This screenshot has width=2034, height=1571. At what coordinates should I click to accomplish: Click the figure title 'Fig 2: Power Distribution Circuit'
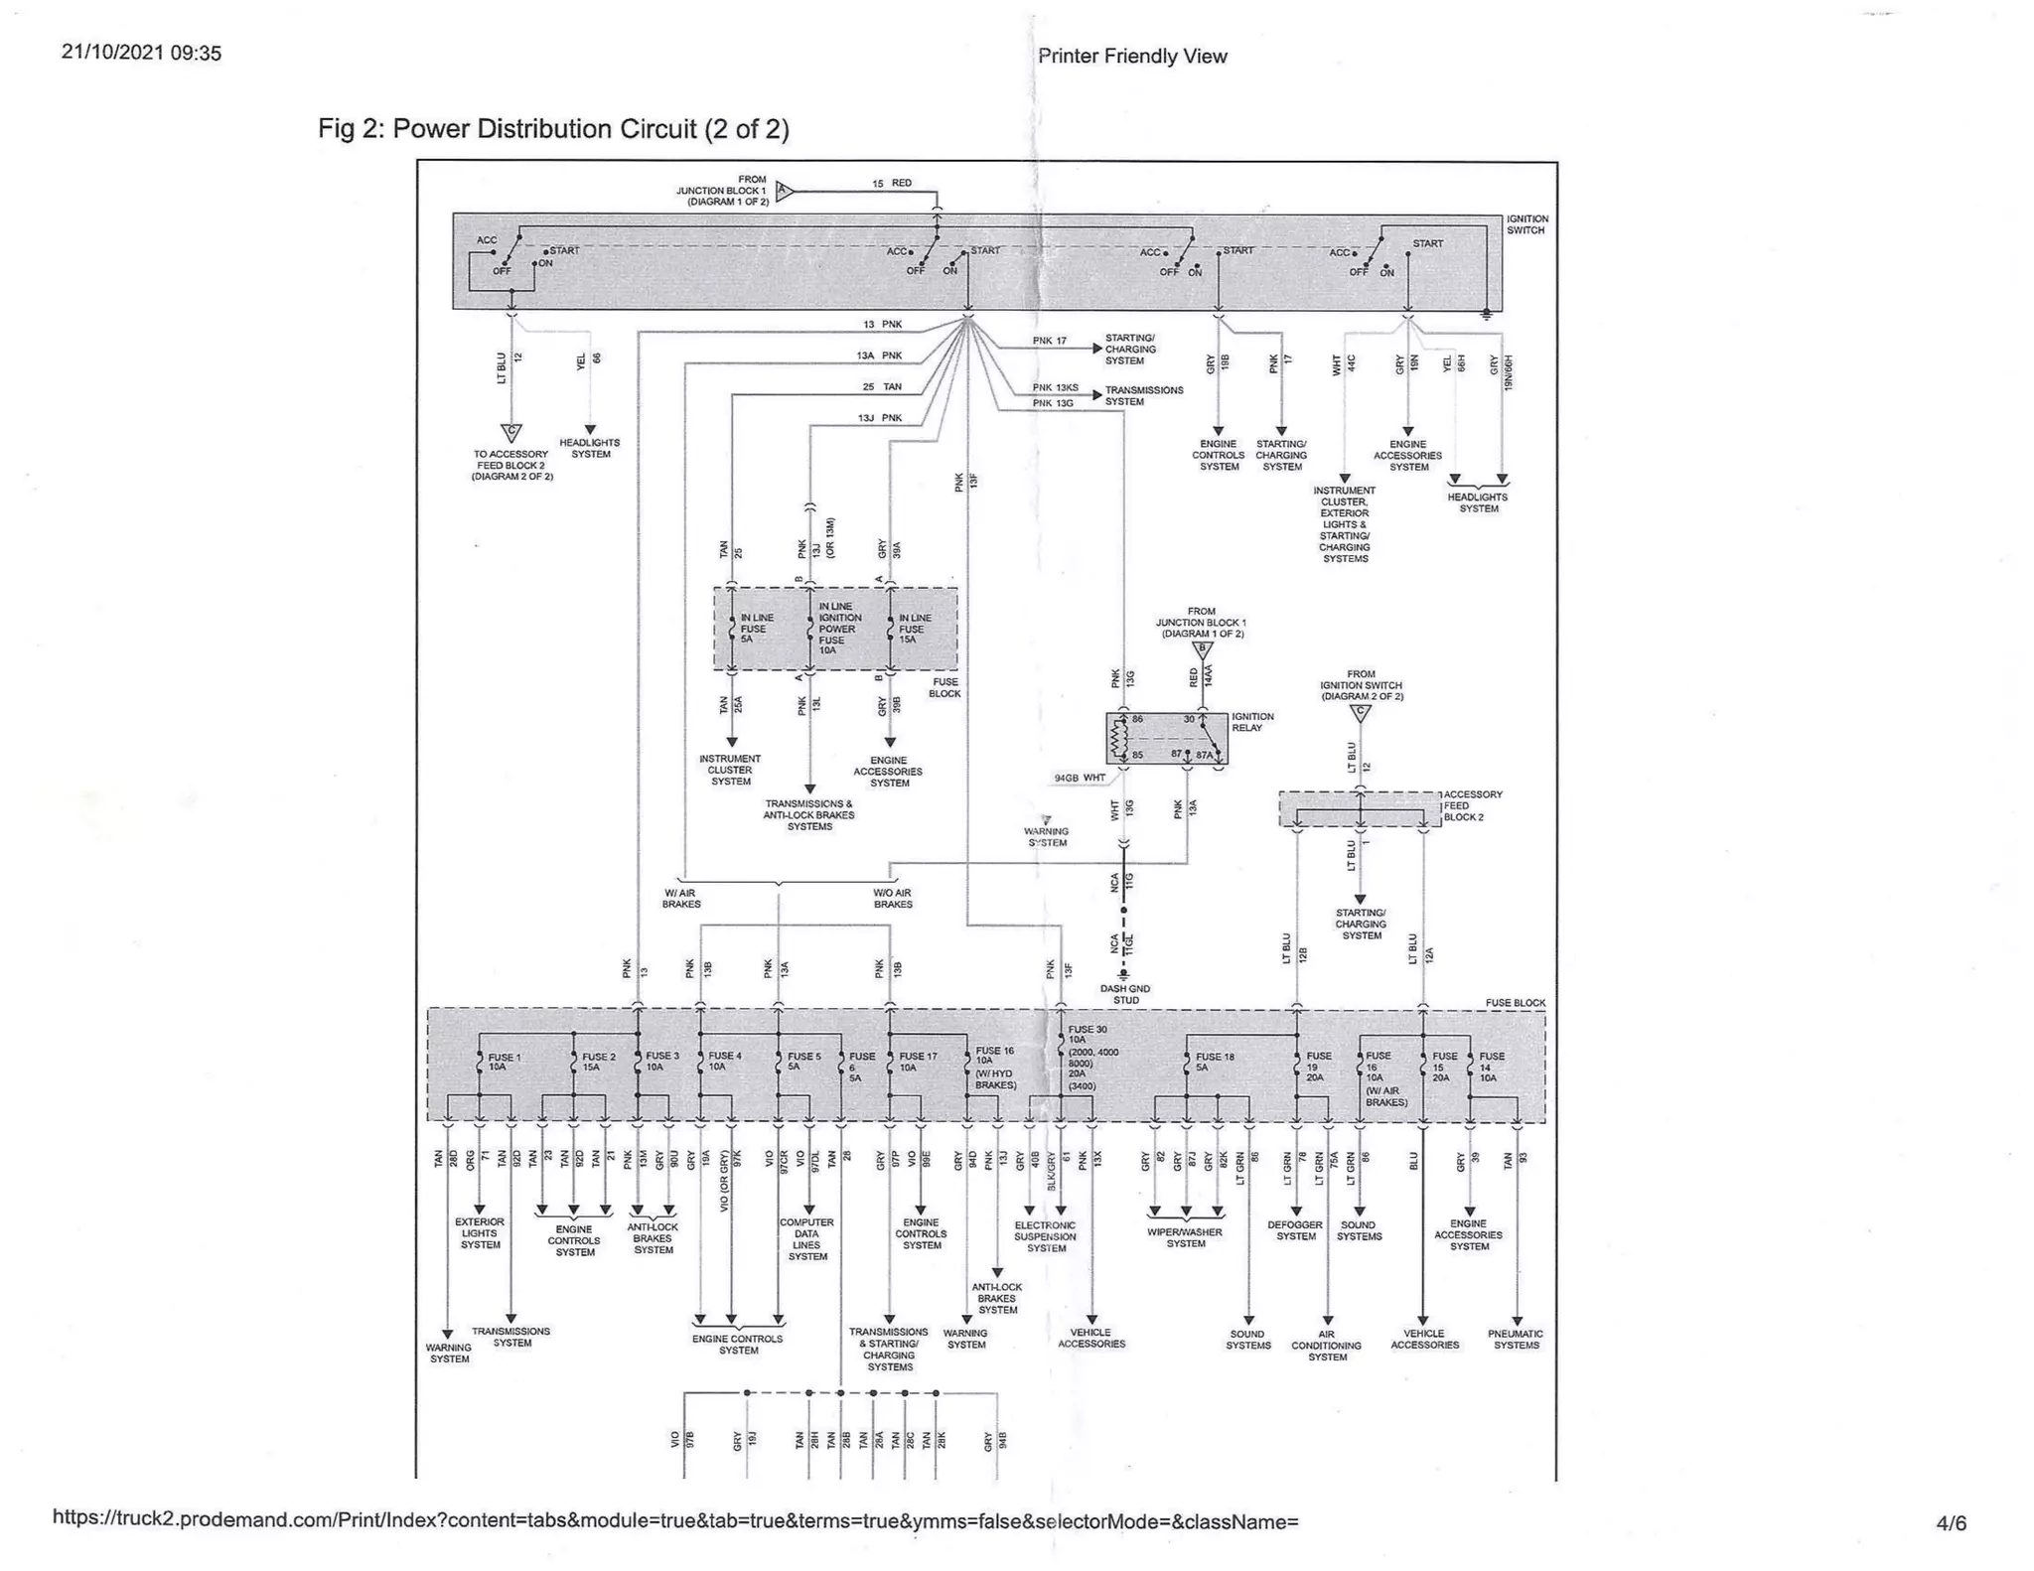[553, 129]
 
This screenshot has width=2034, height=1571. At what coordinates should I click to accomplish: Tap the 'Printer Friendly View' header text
[1132, 57]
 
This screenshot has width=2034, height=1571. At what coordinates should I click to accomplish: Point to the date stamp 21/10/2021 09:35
[141, 53]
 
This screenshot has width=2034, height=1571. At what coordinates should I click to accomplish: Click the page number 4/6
[1951, 1522]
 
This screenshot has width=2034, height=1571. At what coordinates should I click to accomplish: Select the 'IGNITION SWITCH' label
[1526, 224]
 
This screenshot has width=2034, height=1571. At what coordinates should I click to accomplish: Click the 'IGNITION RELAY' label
[1252, 722]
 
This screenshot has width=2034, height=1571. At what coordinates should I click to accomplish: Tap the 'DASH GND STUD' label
[1125, 994]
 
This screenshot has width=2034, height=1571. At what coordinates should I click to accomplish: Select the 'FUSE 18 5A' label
[1215, 1062]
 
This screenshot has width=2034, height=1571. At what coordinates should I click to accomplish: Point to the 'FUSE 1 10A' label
[504, 1062]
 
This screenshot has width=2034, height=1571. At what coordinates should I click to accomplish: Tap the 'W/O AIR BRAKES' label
[892, 899]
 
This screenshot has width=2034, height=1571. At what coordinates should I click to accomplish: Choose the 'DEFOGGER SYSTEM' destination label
[1295, 1230]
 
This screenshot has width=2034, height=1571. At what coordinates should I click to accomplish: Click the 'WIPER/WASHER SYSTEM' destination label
[1185, 1237]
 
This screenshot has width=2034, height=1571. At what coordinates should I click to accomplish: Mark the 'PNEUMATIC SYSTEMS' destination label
[1516, 1340]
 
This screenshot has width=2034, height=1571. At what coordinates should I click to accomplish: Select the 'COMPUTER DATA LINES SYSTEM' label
[806, 1239]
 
